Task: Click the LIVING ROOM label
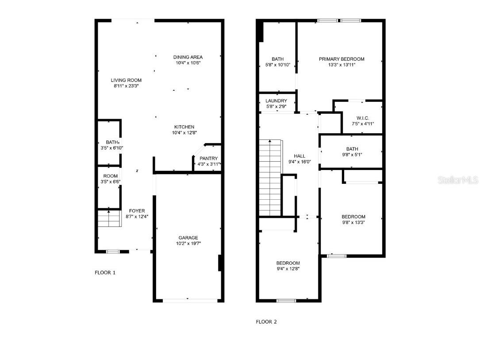(126, 80)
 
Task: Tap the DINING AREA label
(188, 57)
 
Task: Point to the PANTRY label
(208, 159)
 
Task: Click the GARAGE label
(188, 238)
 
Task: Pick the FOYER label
(137, 211)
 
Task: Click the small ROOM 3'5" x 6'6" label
(110, 176)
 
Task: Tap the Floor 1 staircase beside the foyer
(109, 218)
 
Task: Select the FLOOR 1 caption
(105, 273)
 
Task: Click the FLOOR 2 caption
(266, 322)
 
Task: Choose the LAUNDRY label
(276, 101)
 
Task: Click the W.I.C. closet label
(363, 118)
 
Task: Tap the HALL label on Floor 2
(300, 156)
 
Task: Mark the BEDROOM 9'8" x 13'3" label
(353, 217)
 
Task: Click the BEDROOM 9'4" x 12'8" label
(288, 263)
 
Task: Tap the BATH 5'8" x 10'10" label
(277, 59)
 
